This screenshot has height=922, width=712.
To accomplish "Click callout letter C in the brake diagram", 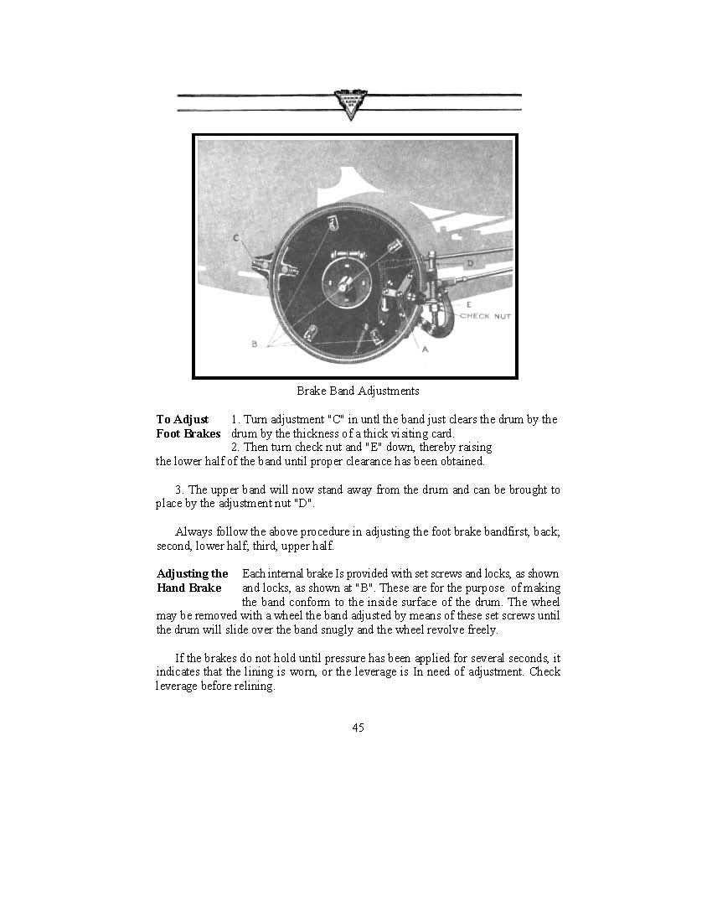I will pyautogui.click(x=237, y=238).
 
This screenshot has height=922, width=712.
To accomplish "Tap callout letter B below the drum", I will pyautogui.click(x=254, y=343).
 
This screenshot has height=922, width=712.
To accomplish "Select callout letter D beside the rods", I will pyautogui.click(x=470, y=264).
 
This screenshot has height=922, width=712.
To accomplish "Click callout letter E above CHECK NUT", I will pyautogui.click(x=468, y=304).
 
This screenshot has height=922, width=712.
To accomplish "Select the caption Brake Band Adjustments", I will pyautogui.click(x=358, y=391).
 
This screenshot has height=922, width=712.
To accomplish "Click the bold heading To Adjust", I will pyautogui.click(x=182, y=419).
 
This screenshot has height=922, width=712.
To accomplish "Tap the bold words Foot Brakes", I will pyautogui.click(x=188, y=434).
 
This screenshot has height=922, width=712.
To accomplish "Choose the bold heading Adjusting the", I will pyautogui.click(x=193, y=574).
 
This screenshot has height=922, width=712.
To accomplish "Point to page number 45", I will pyautogui.click(x=358, y=728).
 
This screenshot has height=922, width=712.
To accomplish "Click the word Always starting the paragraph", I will pyautogui.click(x=193, y=531).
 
